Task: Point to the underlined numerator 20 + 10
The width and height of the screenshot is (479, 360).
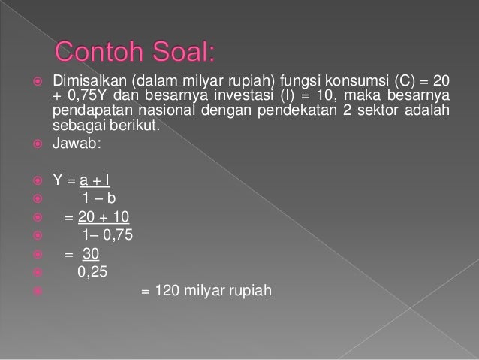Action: pos(104,218)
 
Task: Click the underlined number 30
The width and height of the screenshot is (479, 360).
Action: pos(90,256)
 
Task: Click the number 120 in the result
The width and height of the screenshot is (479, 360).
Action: pos(165,292)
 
